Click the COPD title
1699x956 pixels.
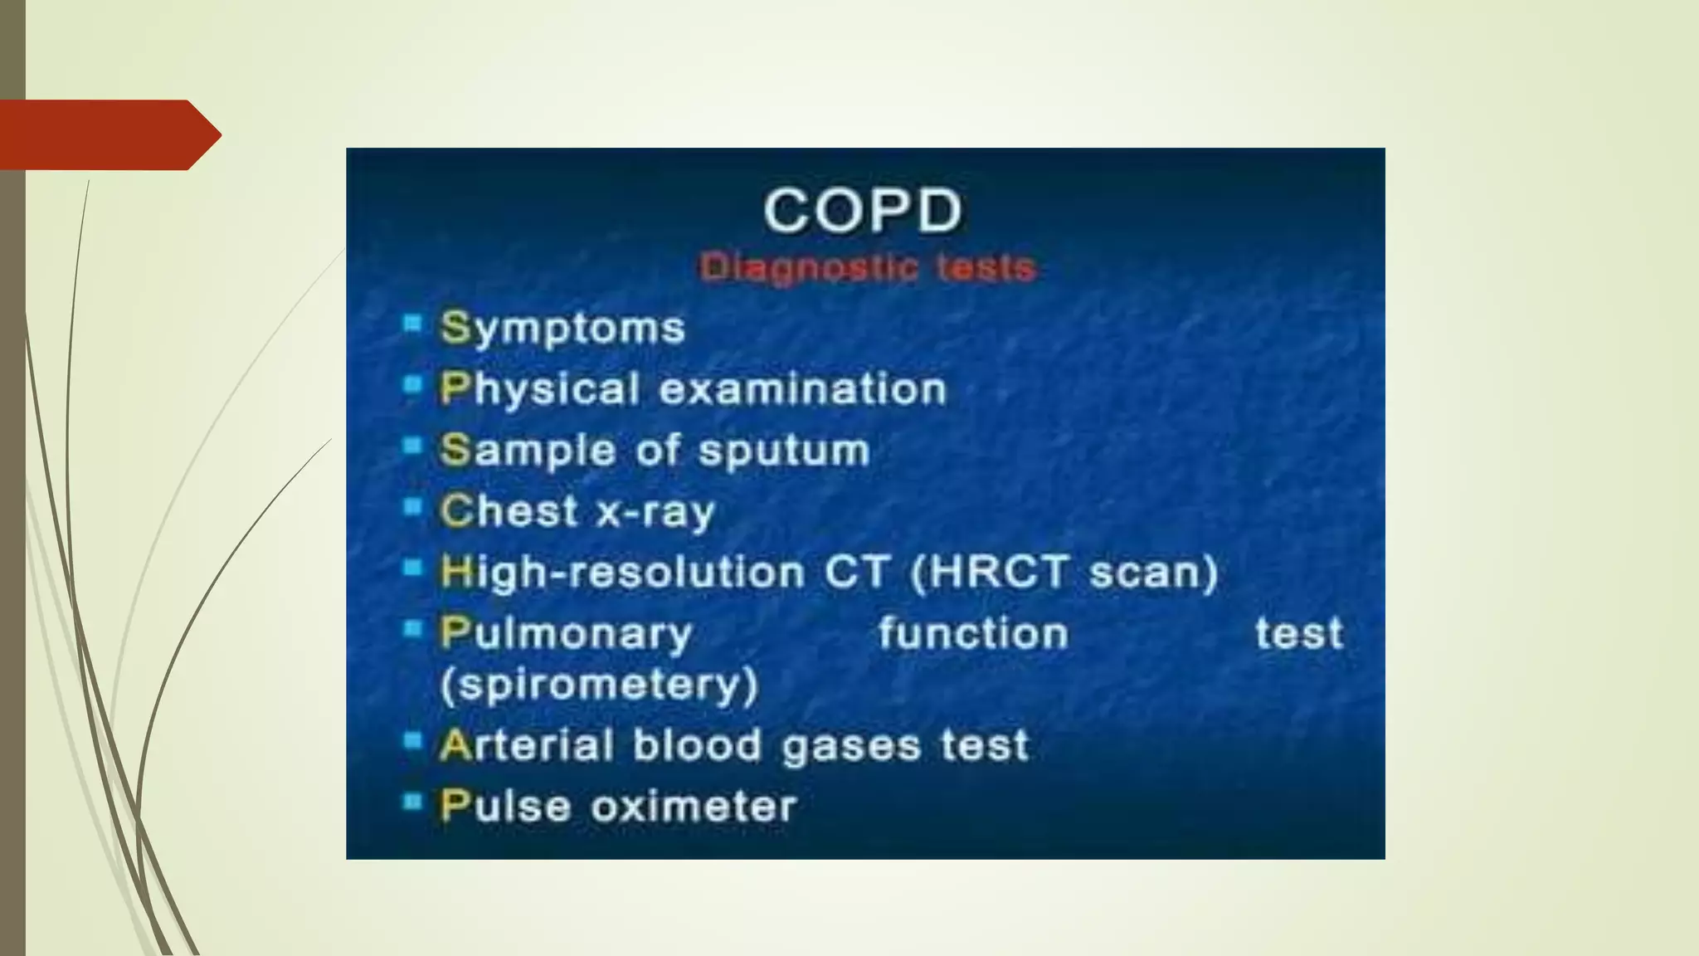click(x=863, y=211)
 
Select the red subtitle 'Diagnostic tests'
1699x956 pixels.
click(x=867, y=268)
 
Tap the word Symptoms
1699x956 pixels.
click(x=562, y=329)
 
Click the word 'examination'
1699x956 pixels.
click(x=803, y=389)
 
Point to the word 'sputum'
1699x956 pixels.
click(x=784, y=451)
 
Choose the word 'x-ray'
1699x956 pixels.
click(x=655, y=512)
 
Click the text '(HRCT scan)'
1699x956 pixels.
click(x=1064, y=573)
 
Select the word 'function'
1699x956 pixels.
click(x=973, y=634)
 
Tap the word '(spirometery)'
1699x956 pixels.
click(x=599, y=685)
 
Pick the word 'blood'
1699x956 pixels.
click(x=697, y=745)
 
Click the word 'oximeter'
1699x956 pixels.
click(x=694, y=807)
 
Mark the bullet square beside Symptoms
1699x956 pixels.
click(x=412, y=323)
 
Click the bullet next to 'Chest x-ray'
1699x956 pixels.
click(x=412, y=506)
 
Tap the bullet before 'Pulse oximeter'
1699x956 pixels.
click(x=412, y=802)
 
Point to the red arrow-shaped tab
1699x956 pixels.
click(x=108, y=135)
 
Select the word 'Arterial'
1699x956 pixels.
click(x=527, y=745)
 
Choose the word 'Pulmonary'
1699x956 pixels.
click(x=566, y=634)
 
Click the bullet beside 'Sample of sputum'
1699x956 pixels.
click(x=412, y=446)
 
